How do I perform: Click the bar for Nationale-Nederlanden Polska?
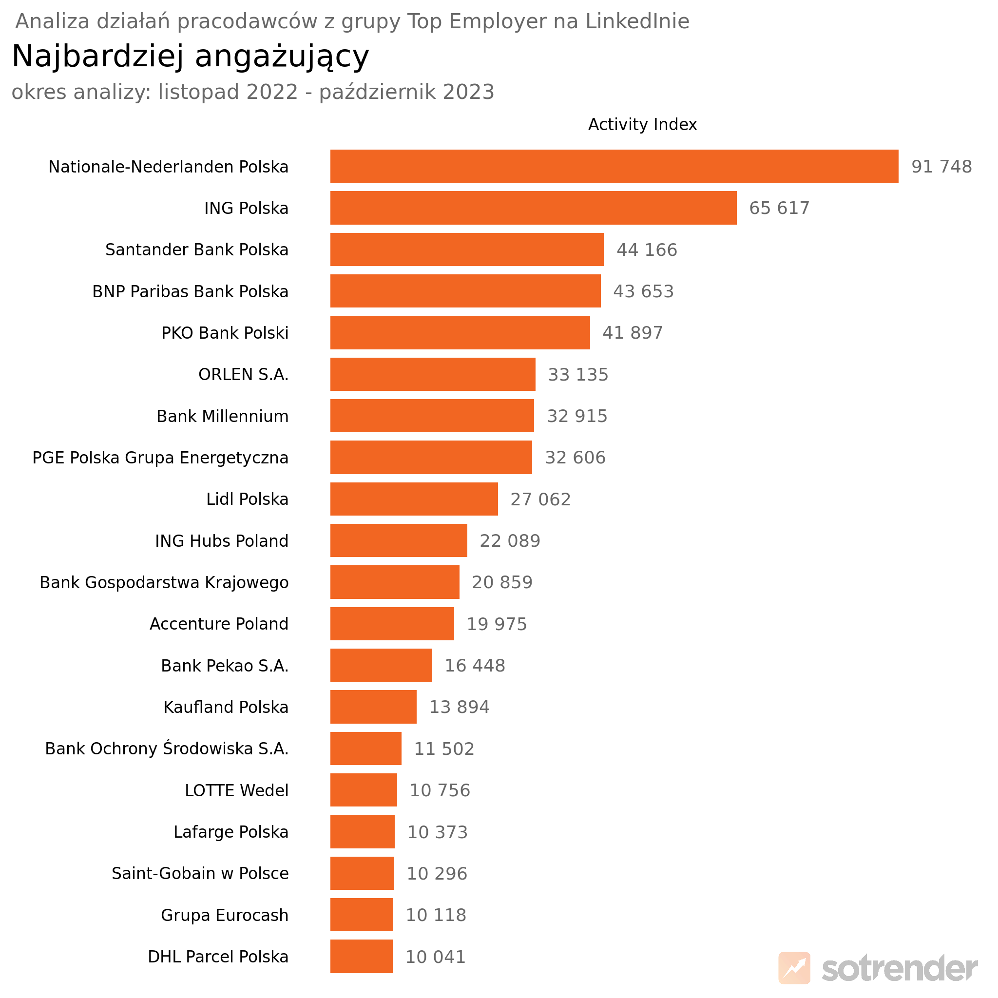point(614,166)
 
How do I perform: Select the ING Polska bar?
point(533,208)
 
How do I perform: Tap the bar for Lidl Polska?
point(414,499)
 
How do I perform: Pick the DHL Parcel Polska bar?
point(361,956)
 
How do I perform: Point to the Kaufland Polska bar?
point(373,707)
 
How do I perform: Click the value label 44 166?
point(646,250)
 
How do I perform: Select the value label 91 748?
point(941,167)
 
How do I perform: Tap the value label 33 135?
point(577,375)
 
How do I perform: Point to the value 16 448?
point(475,665)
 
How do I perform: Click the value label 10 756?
point(440,790)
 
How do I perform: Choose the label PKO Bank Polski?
point(225,333)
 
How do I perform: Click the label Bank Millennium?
point(222,416)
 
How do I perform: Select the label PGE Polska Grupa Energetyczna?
point(160,458)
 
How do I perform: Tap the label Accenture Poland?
point(219,624)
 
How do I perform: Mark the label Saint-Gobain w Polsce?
point(200,874)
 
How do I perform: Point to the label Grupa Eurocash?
point(224,915)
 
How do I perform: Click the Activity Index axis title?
point(642,124)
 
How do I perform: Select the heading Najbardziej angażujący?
point(190,56)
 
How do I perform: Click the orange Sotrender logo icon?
point(794,967)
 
